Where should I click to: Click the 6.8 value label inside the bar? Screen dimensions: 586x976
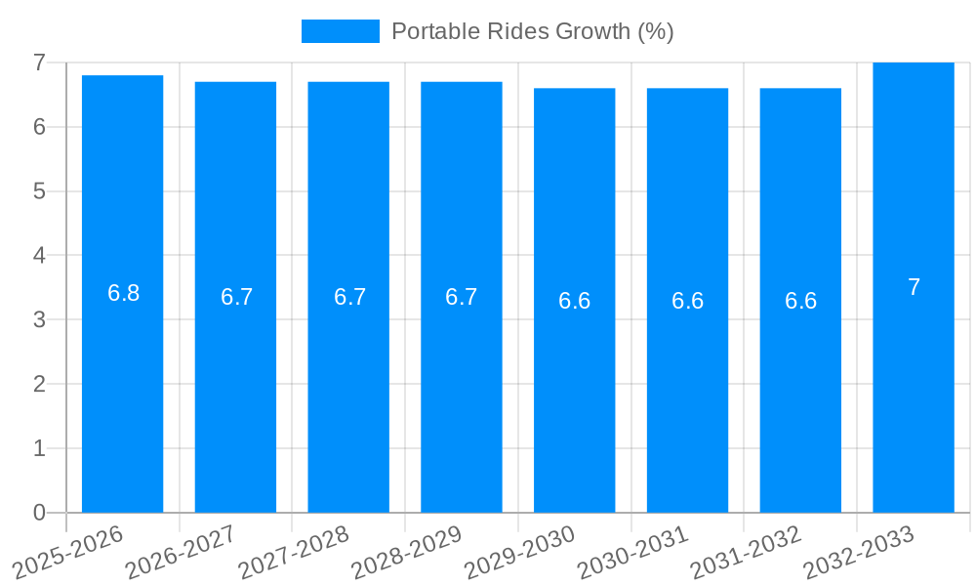click(124, 293)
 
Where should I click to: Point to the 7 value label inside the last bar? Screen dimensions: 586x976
click(914, 287)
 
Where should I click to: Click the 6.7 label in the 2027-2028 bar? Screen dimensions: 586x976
click(349, 297)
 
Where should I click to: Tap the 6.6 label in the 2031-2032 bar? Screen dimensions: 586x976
click(800, 301)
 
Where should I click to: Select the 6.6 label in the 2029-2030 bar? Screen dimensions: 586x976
click(574, 301)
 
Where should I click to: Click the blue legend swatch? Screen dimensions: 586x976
click(340, 31)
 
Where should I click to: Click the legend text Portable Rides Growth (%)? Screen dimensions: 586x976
click(532, 31)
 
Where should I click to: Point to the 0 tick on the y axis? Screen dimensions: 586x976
click(39, 513)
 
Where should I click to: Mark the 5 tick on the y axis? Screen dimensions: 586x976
click(39, 191)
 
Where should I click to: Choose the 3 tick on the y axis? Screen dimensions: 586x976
click(39, 320)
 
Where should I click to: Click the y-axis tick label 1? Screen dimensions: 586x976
click(39, 448)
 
